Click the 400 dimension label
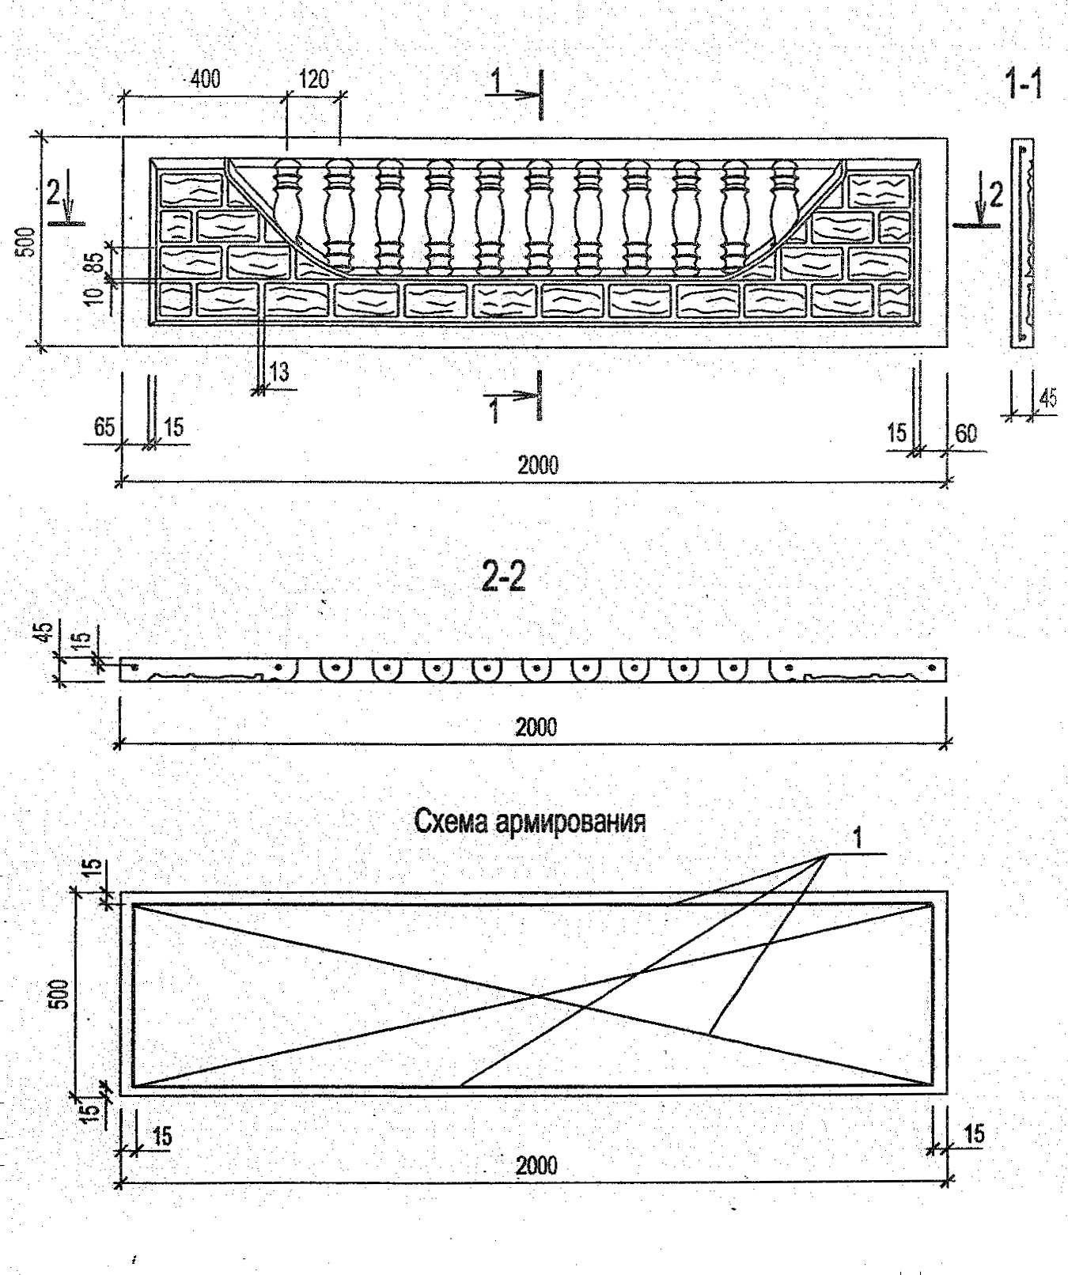[x=204, y=78]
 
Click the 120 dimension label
[x=314, y=78]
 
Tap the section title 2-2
[x=504, y=579]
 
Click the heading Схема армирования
[x=530, y=822]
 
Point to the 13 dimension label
[x=279, y=371]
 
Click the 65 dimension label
[x=104, y=428]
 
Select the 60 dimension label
[x=966, y=433]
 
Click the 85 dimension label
[x=96, y=262]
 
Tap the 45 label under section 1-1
[x=1047, y=399]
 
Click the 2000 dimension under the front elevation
[x=538, y=464]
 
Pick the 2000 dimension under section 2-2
[x=536, y=726]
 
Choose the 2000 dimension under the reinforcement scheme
[x=536, y=1165]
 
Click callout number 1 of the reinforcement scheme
[x=858, y=837]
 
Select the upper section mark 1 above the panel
[x=496, y=81]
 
